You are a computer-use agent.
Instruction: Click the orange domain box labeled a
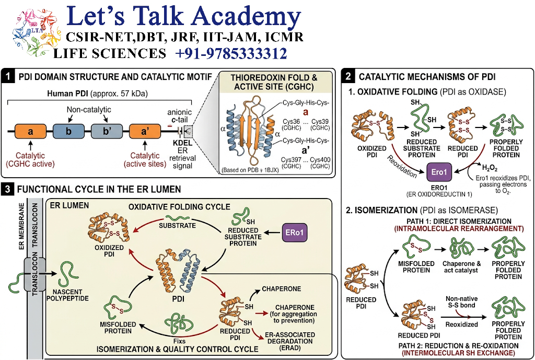[x=30, y=131]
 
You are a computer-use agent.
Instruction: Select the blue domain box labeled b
[x=68, y=131]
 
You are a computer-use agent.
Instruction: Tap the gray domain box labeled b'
[x=107, y=131]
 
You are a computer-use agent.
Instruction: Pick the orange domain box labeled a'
[x=145, y=131]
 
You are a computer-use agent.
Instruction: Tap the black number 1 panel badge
[x=7, y=77]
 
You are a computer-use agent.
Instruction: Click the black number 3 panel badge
[x=7, y=189]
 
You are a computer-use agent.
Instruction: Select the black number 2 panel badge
[x=348, y=76]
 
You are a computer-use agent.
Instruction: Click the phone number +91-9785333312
[x=231, y=54]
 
